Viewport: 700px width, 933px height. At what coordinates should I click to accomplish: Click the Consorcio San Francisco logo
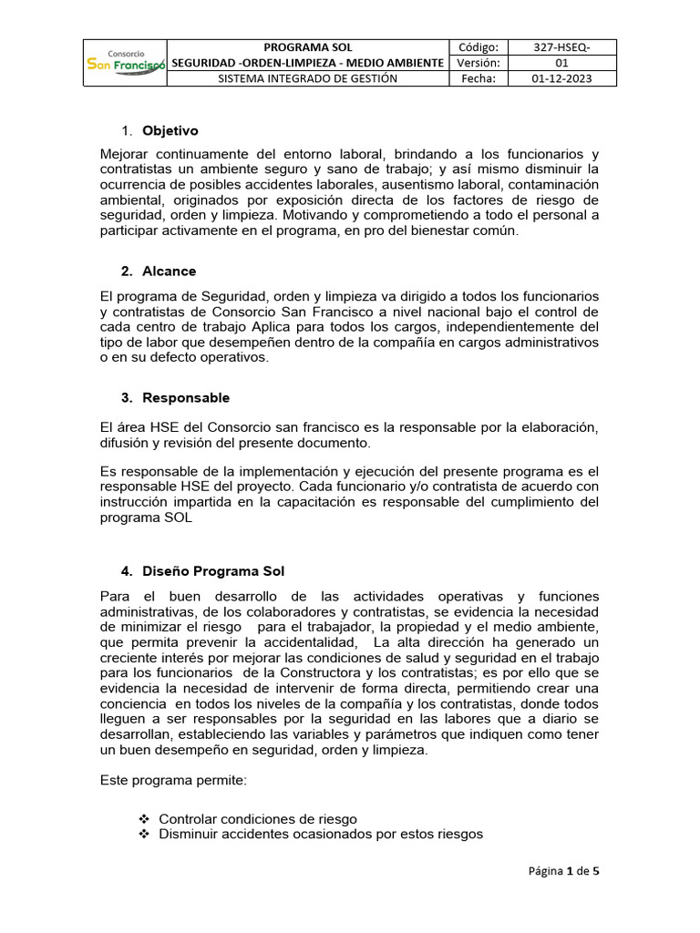(x=125, y=63)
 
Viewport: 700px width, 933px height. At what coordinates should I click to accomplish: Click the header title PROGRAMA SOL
(x=307, y=47)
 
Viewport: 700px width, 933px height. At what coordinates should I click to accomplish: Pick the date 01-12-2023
(x=562, y=78)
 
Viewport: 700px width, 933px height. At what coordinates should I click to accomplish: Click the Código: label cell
(x=478, y=47)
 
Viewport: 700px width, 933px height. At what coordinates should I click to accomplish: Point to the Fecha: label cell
(x=478, y=78)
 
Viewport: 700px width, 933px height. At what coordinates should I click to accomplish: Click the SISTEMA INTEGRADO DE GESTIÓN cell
(x=307, y=78)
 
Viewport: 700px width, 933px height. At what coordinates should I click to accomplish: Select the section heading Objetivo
(x=170, y=131)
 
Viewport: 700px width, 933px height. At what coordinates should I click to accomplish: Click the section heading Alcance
(x=169, y=272)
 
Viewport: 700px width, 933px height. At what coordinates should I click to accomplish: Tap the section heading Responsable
(x=186, y=398)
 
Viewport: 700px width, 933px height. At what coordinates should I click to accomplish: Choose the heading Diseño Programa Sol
(x=213, y=571)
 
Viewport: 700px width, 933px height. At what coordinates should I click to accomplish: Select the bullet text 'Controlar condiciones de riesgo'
(x=258, y=818)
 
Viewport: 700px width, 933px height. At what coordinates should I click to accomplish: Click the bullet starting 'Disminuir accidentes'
(x=321, y=834)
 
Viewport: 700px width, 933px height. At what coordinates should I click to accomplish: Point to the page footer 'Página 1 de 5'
(x=563, y=870)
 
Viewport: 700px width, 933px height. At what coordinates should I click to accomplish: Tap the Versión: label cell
(x=478, y=63)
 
